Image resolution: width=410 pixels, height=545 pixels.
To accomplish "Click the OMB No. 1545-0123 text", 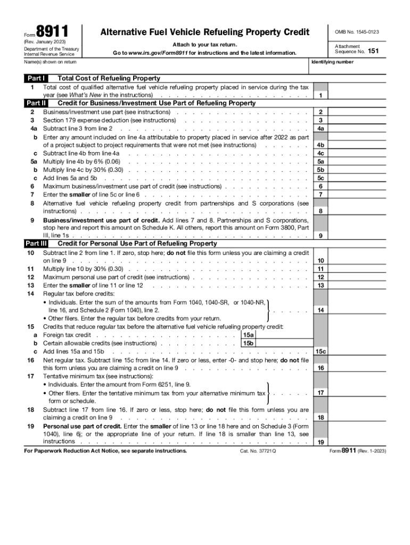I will click(357, 32).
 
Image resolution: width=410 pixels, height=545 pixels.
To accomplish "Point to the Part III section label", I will click(36, 243).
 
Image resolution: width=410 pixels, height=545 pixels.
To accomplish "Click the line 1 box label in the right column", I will click(321, 96).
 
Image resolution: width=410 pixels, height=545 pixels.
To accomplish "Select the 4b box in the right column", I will click(321, 145).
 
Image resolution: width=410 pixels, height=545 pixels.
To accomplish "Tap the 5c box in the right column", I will click(321, 178).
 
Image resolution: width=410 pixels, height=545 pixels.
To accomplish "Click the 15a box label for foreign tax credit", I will click(248, 335).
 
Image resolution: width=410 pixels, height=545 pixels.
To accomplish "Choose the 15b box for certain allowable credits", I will click(248, 343).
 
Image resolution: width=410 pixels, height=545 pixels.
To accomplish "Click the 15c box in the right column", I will click(321, 351).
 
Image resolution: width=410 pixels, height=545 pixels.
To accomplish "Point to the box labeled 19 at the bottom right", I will click(321, 442).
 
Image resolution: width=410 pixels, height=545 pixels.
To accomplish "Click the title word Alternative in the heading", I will click(125, 32).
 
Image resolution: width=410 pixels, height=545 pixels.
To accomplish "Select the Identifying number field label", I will click(331, 62).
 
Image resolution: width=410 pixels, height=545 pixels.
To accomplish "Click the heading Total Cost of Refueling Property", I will click(109, 78).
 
